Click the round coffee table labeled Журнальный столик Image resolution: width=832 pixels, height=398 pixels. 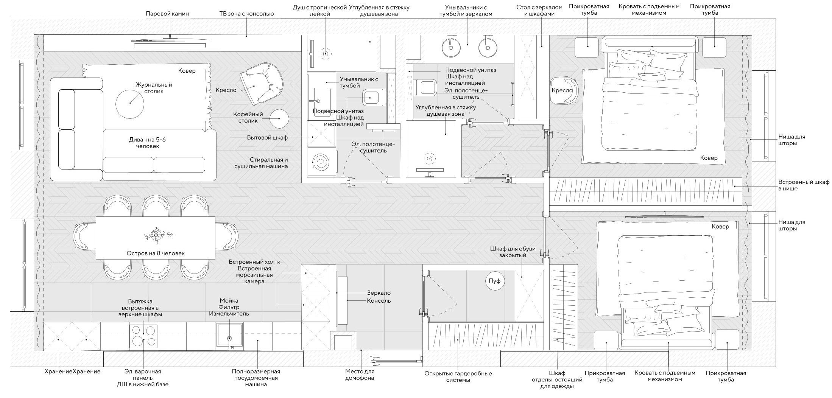pyautogui.click(x=129, y=103)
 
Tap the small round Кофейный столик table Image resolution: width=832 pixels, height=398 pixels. pyautogui.click(x=279, y=118)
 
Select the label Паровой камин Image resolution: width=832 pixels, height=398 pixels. pyautogui.click(x=167, y=14)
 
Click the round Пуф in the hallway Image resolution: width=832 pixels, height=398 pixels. pyautogui.click(x=495, y=281)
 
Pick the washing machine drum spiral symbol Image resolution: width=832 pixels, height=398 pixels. pyautogui.click(x=321, y=162)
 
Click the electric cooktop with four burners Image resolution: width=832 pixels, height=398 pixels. pyautogui.click(x=143, y=335)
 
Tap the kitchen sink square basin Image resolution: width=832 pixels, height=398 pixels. pyautogui.click(x=229, y=335)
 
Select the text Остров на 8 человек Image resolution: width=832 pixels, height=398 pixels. pyautogui.click(x=156, y=253)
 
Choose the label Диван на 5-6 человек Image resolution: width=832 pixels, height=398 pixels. pyautogui.click(x=147, y=143)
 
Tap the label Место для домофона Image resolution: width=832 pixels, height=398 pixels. pyautogui.click(x=360, y=375)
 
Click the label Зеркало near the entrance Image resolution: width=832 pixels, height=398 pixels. pyautogui.click(x=379, y=293)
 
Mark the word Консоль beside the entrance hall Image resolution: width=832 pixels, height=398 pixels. pyautogui.click(x=379, y=301)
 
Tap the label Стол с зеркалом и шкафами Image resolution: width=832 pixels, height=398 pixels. pyautogui.click(x=536, y=11)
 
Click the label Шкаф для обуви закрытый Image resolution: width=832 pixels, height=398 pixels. pyautogui.click(x=513, y=252)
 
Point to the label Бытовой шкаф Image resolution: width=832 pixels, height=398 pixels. pyautogui.click(x=267, y=138)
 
